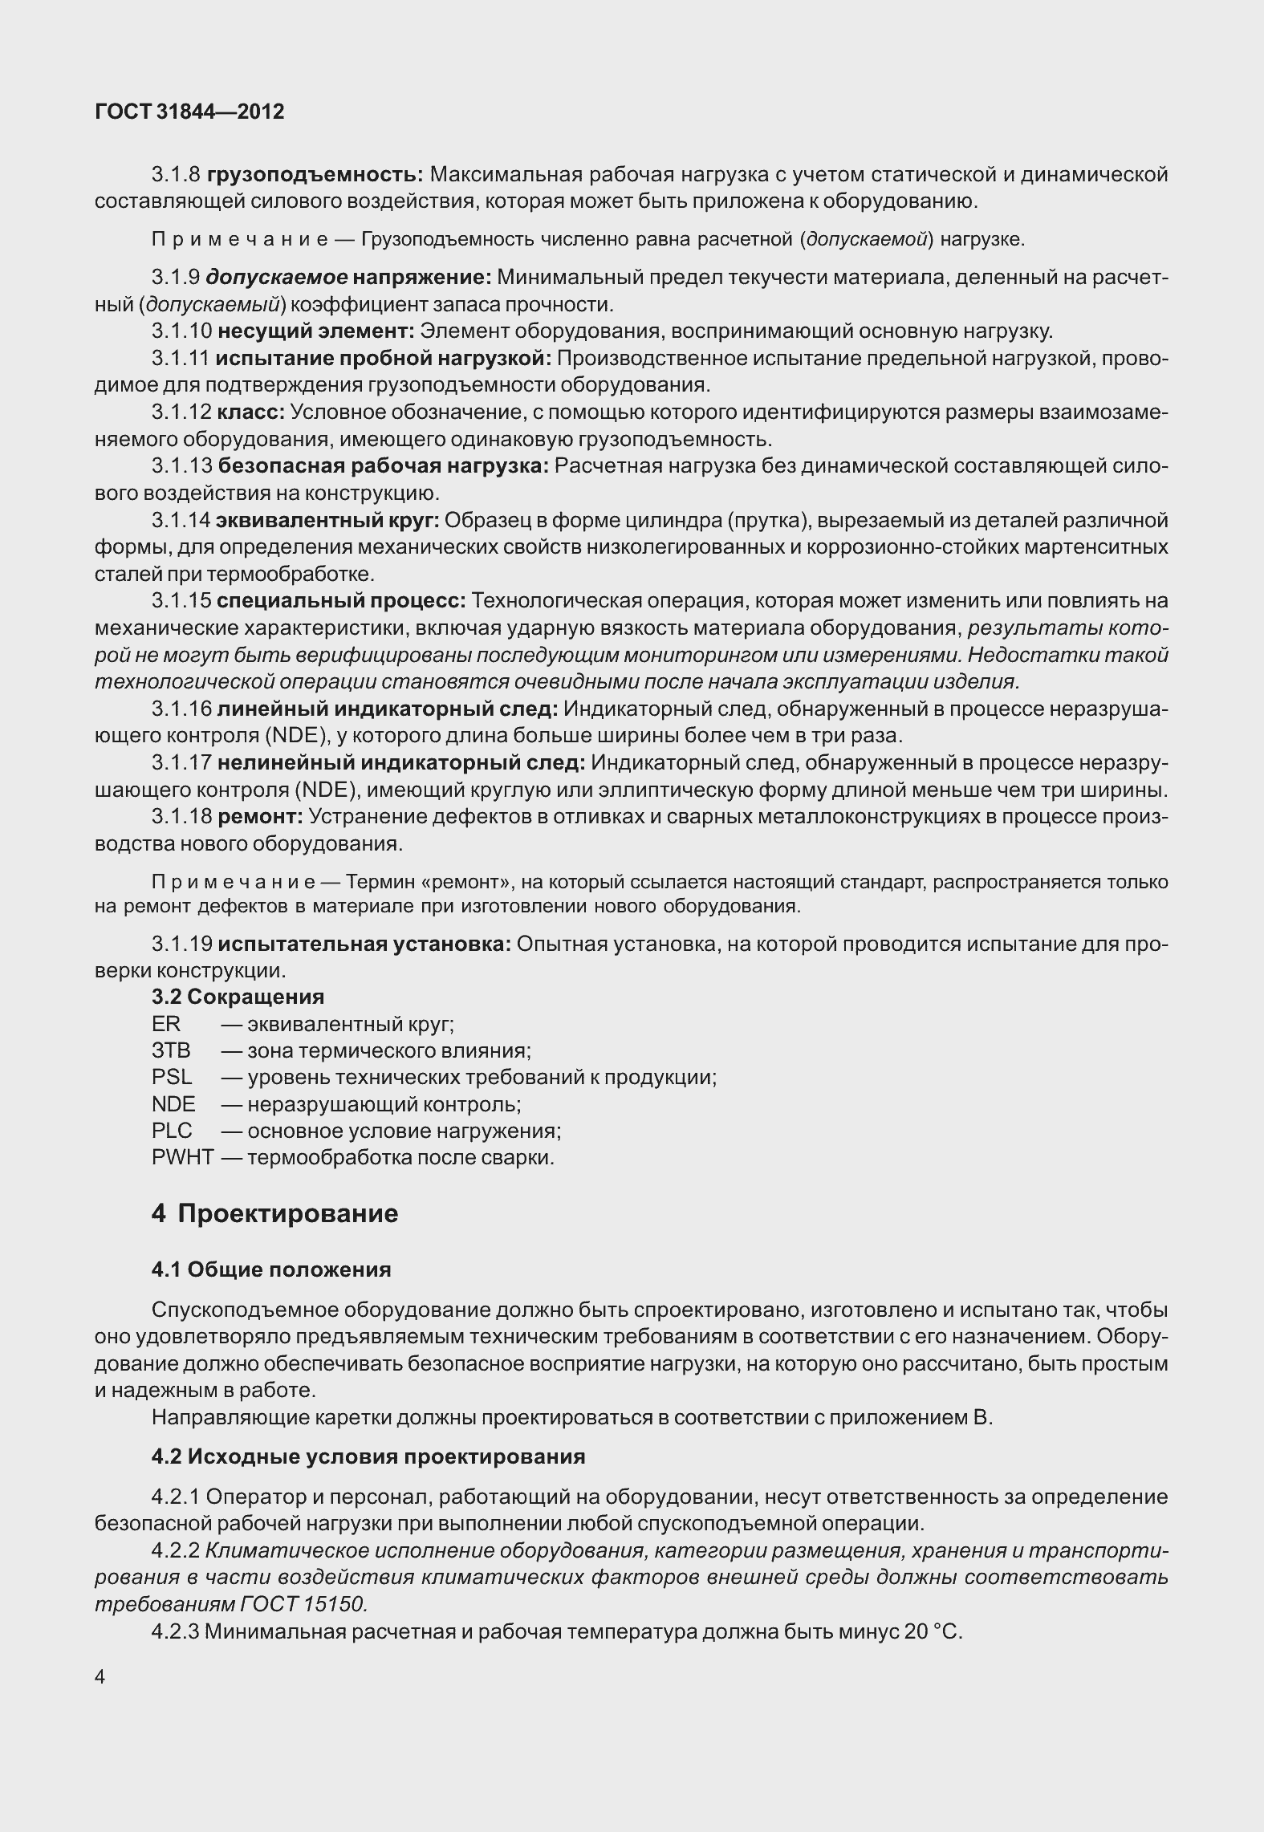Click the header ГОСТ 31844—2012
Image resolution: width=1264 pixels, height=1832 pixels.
(189, 112)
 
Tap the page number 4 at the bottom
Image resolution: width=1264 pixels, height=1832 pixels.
(100, 1676)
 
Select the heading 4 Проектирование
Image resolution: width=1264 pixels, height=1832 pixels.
(274, 1213)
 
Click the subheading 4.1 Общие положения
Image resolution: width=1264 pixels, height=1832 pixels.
(271, 1269)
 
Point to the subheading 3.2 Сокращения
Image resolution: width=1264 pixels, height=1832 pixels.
(238, 997)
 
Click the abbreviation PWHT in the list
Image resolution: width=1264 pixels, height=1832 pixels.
(182, 1158)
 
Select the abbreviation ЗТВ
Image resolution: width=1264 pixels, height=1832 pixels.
(171, 1050)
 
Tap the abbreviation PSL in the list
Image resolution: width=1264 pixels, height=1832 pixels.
(172, 1077)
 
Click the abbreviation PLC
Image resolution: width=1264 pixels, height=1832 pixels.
(172, 1131)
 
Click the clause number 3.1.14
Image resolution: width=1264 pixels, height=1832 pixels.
(181, 521)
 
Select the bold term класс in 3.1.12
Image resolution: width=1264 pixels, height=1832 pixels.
(250, 412)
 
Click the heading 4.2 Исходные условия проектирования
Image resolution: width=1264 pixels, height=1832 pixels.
(368, 1456)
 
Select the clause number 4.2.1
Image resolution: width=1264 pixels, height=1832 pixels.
(176, 1497)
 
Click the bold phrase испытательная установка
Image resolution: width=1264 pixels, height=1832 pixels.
(364, 944)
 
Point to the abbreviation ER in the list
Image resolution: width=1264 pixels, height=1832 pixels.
(166, 1024)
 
